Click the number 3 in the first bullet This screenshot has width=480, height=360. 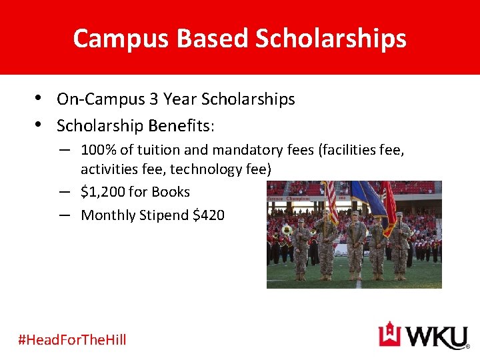click(x=153, y=99)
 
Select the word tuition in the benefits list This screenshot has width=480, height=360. click(x=152, y=150)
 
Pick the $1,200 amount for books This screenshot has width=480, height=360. click(x=102, y=192)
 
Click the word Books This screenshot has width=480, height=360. click(x=171, y=192)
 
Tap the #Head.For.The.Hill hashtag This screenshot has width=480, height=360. click(x=72, y=340)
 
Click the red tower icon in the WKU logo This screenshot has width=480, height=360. click(x=391, y=335)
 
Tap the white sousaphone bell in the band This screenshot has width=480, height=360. click(x=287, y=230)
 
